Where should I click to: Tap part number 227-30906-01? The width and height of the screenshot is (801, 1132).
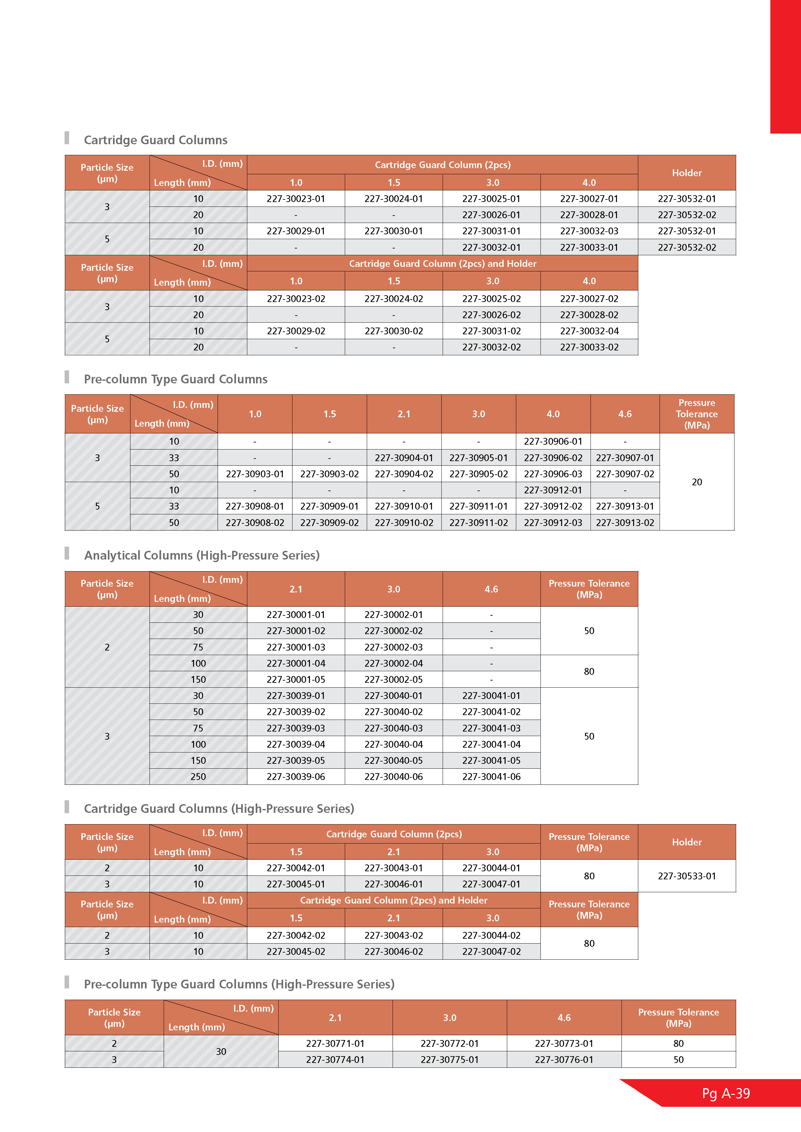tap(553, 441)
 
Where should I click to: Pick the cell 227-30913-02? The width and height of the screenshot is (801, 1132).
tap(625, 523)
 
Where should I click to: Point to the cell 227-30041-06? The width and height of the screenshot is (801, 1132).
tap(491, 776)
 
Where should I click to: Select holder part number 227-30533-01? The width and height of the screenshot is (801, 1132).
tap(687, 876)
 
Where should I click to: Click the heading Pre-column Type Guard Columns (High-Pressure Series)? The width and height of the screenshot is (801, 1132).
tap(239, 984)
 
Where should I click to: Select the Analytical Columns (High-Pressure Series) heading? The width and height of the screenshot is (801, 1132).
tap(202, 555)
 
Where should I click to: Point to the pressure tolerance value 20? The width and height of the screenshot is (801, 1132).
tap(696, 482)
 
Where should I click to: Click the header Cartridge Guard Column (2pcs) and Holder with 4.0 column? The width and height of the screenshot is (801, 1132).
tap(442, 264)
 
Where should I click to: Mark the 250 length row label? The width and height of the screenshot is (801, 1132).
tap(198, 776)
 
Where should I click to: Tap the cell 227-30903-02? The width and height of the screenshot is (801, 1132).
tap(330, 474)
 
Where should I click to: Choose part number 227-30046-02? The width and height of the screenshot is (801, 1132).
tap(394, 952)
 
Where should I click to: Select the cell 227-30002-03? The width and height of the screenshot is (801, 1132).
tap(394, 647)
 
